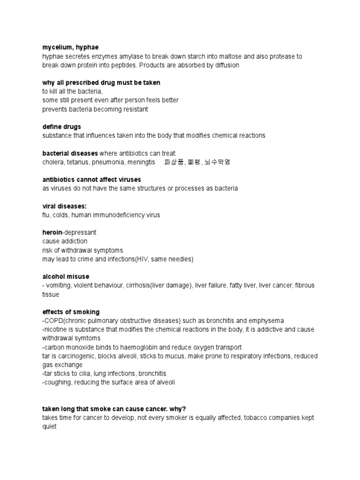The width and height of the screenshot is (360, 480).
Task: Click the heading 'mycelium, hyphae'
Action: coord(70,47)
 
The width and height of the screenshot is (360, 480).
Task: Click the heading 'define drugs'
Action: coord(61,127)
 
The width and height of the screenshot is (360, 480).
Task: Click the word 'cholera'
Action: coord(52,162)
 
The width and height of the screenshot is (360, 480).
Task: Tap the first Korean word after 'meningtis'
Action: coord(173,162)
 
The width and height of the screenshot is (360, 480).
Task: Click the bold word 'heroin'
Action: coord(52,232)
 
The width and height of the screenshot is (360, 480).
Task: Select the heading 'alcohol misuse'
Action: coord(66,277)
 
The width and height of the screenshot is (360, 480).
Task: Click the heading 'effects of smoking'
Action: coord(71,312)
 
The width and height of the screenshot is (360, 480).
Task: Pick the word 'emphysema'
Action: coord(268,321)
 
